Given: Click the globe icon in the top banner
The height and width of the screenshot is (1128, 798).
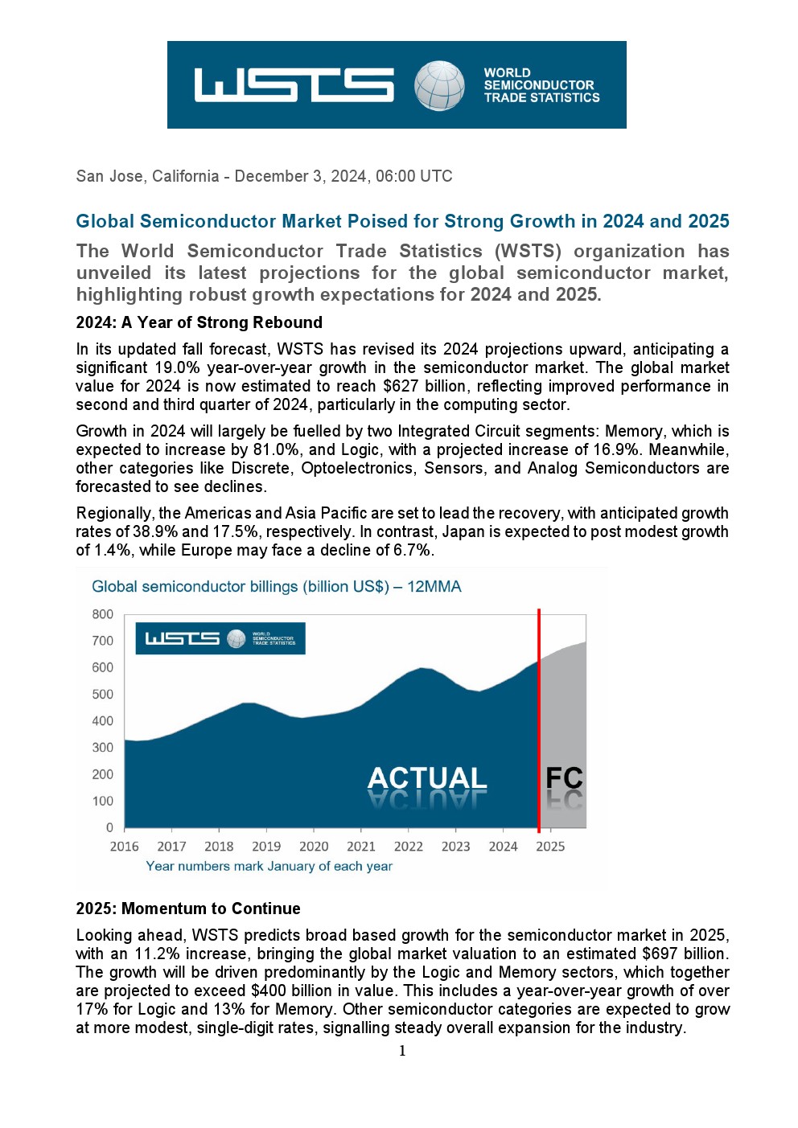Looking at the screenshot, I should [x=439, y=85].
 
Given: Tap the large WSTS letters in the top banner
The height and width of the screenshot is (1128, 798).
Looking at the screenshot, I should [x=294, y=85].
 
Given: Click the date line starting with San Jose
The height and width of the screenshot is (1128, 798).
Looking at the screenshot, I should [x=264, y=176].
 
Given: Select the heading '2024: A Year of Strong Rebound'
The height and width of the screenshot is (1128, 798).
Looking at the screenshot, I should [x=199, y=322].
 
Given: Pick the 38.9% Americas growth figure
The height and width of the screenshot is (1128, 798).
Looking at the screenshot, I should [x=155, y=531].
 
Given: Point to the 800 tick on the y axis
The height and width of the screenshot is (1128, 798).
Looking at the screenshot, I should [x=102, y=614].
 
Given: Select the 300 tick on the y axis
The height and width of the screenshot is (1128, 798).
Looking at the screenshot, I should [x=102, y=748].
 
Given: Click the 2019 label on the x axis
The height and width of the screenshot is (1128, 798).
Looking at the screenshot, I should [x=266, y=847].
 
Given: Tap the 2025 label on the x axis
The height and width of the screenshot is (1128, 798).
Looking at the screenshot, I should [x=550, y=847].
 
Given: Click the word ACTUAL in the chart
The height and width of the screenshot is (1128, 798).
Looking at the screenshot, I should [x=427, y=778].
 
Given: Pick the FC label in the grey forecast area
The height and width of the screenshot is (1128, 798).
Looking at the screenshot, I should [x=564, y=778].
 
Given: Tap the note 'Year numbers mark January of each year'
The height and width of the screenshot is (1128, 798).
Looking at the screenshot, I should [x=269, y=867].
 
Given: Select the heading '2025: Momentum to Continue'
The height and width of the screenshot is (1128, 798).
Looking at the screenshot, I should [x=188, y=909].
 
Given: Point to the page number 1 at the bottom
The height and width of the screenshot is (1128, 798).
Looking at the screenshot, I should [x=402, y=1051].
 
